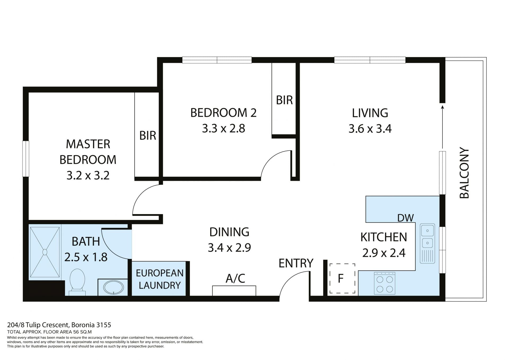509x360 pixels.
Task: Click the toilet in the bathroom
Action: (77, 282)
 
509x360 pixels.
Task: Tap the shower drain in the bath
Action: (45, 252)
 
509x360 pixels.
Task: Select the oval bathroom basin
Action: (113, 288)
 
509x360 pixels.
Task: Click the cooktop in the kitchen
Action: (385, 283)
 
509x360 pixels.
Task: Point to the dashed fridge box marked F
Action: (342, 278)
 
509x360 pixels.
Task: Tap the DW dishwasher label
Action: (405, 218)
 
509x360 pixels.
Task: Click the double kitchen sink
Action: (427, 243)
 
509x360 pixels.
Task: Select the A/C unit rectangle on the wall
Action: (234, 290)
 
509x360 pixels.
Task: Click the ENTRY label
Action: (296, 263)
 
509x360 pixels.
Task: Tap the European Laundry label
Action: (160, 279)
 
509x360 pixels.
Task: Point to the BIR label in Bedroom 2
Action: (284, 100)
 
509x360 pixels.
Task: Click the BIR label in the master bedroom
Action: (148, 136)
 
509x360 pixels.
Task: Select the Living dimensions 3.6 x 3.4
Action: (370, 129)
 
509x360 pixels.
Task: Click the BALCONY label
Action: (464, 173)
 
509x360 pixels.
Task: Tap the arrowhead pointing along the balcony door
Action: (442, 107)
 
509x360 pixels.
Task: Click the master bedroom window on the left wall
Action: (26, 159)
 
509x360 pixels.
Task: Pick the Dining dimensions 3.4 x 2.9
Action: (229, 248)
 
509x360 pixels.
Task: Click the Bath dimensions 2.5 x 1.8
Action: (86, 257)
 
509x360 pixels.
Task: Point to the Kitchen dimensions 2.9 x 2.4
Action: (384, 253)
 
